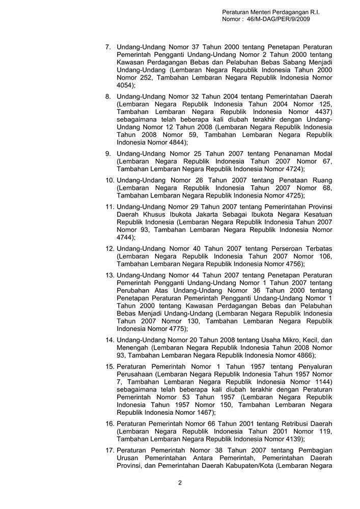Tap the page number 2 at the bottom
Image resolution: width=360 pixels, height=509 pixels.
tap(180, 483)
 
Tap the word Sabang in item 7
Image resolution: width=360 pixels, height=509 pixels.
tap(261, 63)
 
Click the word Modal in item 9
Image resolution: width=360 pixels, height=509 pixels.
tap(322, 154)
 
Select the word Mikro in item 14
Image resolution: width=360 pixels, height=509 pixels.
tap(281, 340)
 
